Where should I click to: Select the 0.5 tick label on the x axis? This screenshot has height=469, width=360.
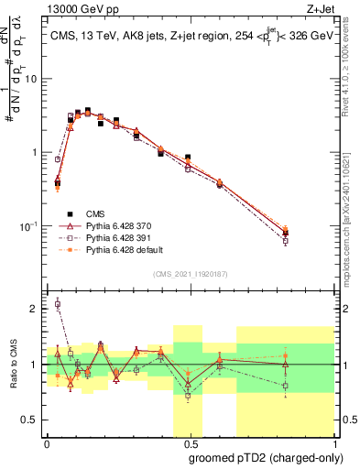click(190, 443)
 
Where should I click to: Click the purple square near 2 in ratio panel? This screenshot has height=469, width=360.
click(58, 304)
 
